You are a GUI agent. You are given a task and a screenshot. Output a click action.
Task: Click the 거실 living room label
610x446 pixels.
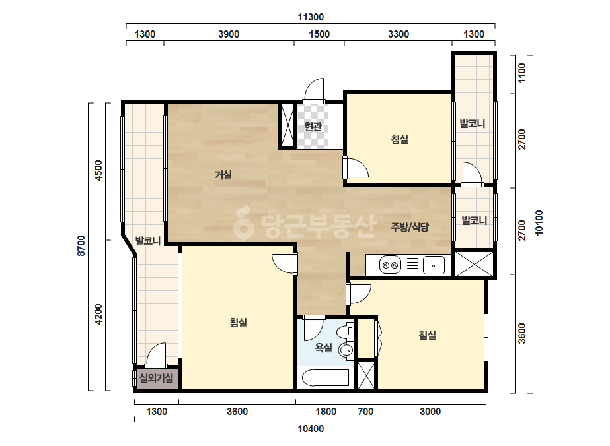[x=223, y=175]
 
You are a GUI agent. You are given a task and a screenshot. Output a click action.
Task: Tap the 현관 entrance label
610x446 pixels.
[x=313, y=127]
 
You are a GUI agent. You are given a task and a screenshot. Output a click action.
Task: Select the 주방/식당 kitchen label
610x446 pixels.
[x=410, y=227]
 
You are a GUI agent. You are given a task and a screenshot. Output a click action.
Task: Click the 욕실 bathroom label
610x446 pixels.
[x=324, y=347]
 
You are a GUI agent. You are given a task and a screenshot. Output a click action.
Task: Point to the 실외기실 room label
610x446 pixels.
[x=156, y=378]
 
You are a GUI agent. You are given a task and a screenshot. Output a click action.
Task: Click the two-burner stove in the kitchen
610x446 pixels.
[x=390, y=265]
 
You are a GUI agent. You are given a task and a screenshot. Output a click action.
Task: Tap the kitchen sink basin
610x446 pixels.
[x=434, y=265]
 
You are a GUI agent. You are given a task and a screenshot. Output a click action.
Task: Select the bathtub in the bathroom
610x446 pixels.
[x=326, y=378]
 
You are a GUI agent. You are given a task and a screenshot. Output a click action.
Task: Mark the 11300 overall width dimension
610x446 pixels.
[x=311, y=17]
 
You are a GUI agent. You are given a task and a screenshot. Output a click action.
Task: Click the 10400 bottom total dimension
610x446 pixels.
[x=311, y=429]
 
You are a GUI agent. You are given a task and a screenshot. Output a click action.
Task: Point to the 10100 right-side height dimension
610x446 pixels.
[x=539, y=222]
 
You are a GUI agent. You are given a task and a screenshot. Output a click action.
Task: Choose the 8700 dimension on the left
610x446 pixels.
[x=81, y=245]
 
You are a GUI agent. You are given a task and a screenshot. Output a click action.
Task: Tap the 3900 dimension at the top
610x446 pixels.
[x=229, y=34]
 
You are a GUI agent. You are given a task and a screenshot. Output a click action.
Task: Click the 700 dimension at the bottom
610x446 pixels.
[x=365, y=412]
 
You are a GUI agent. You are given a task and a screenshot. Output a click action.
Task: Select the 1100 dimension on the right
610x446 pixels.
[x=521, y=73]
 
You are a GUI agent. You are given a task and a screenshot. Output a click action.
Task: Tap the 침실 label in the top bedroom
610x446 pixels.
[x=400, y=139]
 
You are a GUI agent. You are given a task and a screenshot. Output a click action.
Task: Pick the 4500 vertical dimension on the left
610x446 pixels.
[x=98, y=170]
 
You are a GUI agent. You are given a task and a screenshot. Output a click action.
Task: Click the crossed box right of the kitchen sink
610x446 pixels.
[x=475, y=264]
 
